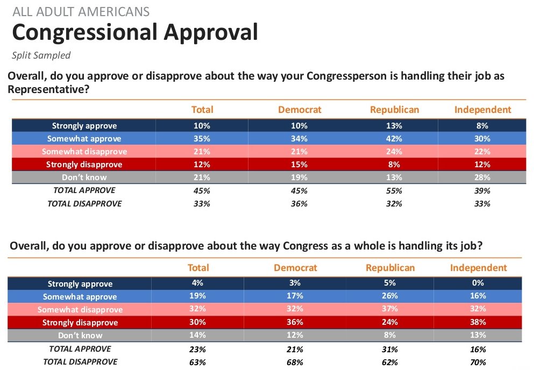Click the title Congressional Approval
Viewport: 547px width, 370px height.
[x=135, y=33]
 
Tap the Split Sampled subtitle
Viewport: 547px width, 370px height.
[x=41, y=55]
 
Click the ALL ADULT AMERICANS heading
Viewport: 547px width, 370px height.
[x=81, y=12]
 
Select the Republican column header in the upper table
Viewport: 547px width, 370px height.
[x=394, y=110]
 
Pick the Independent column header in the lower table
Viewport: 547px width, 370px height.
[x=478, y=268]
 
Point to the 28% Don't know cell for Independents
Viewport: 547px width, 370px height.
[x=482, y=177]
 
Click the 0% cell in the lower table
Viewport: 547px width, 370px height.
[x=478, y=283]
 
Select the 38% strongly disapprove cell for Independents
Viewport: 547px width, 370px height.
[x=478, y=322]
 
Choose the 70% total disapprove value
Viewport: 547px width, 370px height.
[x=478, y=362]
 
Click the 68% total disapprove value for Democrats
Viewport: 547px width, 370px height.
[x=295, y=362]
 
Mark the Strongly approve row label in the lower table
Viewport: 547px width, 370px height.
[x=80, y=284]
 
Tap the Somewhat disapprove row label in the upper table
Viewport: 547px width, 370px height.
[x=84, y=152]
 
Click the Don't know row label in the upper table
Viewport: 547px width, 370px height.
[x=84, y=177]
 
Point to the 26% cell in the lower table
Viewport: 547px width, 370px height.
[x=390, y=296]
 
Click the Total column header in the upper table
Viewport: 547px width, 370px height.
[x=202, y=110]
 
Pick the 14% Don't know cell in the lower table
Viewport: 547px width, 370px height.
[x=198, y=335]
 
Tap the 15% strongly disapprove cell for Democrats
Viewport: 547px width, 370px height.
[x=299, y=165]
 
